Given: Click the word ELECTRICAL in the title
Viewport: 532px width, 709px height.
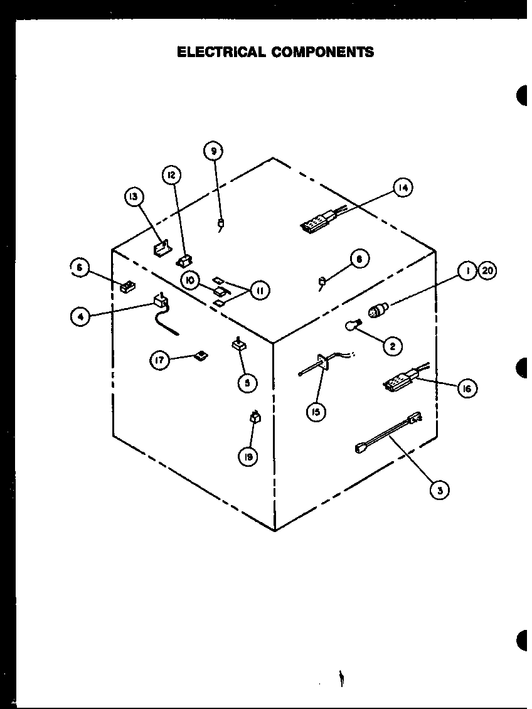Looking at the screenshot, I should pos(221,51).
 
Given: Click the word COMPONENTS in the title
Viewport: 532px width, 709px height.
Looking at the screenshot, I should pos(322,51).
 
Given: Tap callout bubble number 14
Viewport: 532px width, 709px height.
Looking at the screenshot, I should pos(403,187).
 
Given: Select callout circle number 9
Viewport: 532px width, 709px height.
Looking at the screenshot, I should pos(214,151).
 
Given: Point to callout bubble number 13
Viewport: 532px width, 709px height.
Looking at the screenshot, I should pos(134,198).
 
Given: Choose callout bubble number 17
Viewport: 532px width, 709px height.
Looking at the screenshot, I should pos(160,361).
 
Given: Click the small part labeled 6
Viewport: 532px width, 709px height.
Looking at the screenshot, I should pos(127,287).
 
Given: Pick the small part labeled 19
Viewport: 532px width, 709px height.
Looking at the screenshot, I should pos(255,417).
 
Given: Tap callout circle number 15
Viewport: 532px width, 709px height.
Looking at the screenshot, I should pos(317,413).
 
